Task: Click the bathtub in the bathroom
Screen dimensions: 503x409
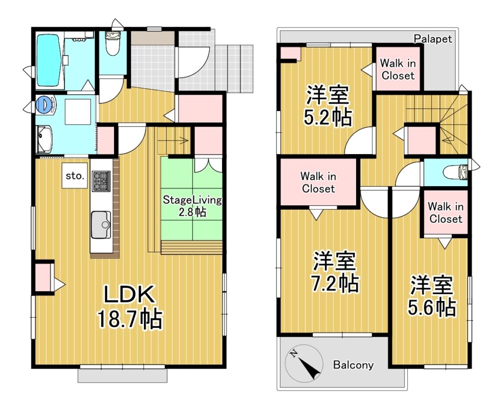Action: click(x=49, y=60)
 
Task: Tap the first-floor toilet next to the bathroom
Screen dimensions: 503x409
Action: click(x=112, y=43)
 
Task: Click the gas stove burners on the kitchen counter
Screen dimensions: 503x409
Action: click(x=101, y=181)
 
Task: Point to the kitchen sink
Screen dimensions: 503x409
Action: click(x=101, y=224)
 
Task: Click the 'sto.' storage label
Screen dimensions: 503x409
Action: click(x=75, y=176)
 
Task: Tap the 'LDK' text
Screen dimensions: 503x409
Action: click(x=129, y=295)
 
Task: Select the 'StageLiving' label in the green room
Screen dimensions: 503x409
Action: click(x=192, y=200)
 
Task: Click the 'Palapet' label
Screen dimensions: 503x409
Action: click(x=433, y=39)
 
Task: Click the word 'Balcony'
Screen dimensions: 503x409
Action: click(x=353, y=365)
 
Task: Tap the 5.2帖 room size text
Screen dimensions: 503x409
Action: click(x=327, y=118)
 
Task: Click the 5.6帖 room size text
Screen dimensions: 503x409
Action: click(x=432, y=307)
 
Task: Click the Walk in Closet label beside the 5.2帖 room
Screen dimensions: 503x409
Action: click(x=398, y=69)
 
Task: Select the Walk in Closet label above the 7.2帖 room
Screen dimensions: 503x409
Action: click(x=318, y=182)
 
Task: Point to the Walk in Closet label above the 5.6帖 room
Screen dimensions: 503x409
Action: click(x=446, y=213)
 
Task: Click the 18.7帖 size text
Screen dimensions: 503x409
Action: click(x=130, y=319)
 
